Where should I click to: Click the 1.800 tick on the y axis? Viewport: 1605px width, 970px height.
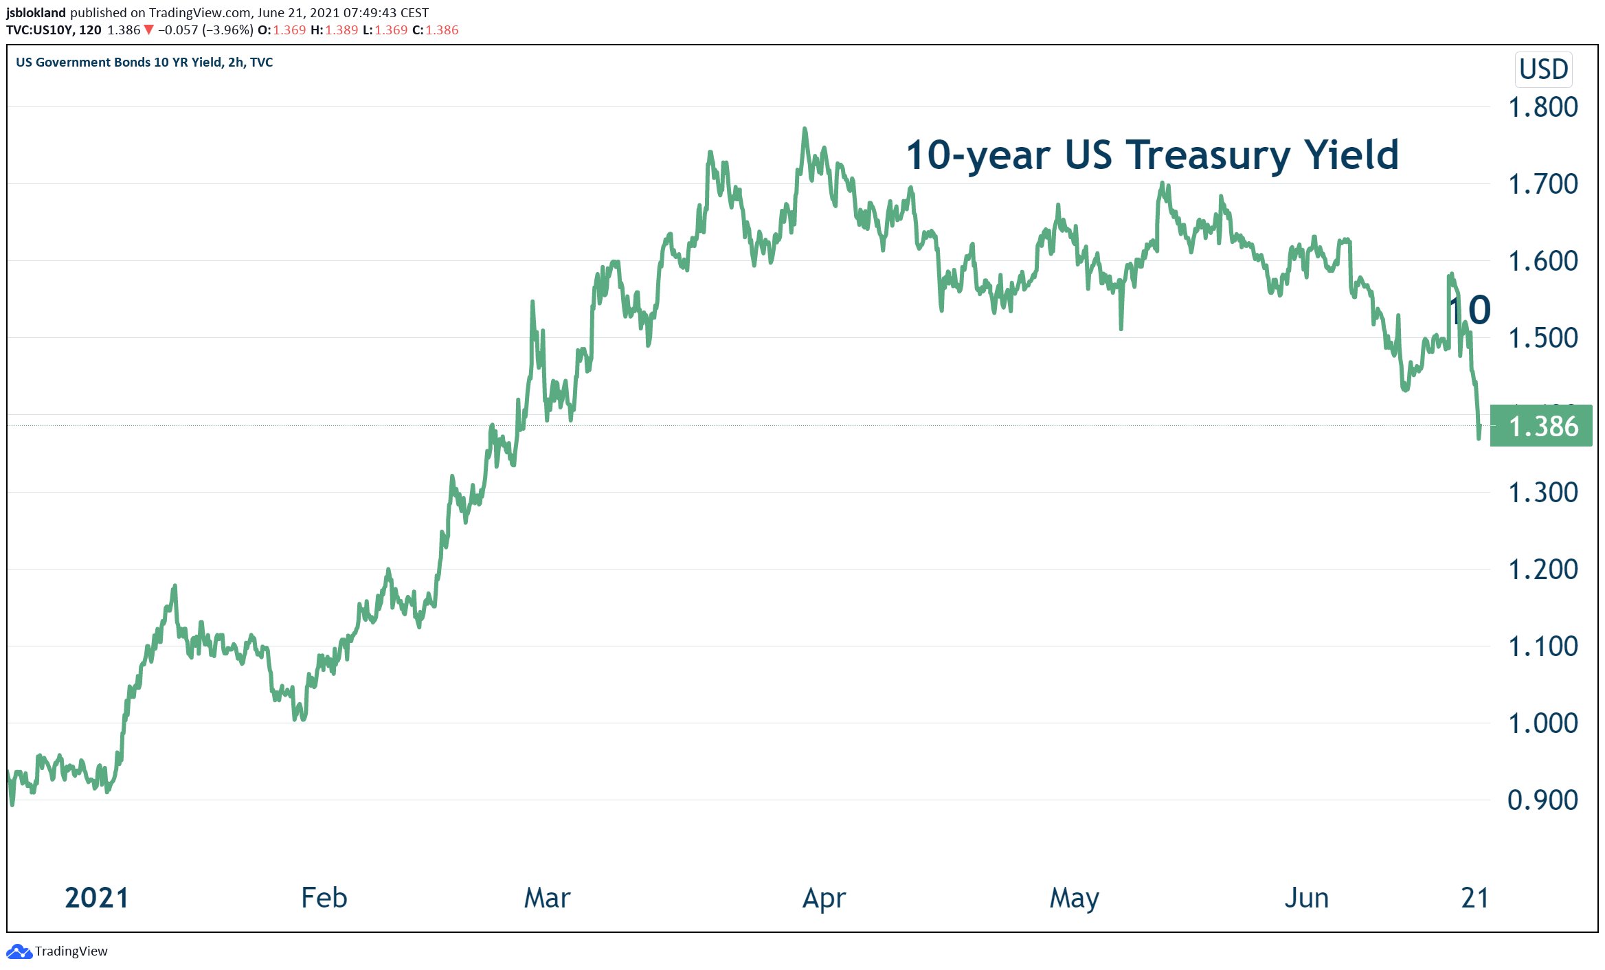tap(1542, 107)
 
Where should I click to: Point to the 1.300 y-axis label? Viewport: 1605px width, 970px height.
tap(1542, 493)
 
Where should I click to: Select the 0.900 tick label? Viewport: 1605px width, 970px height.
tap(1542, 800)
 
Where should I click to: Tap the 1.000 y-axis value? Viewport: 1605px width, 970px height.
tap(1542, 723)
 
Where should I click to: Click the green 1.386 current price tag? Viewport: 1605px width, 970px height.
tap(1541, 427)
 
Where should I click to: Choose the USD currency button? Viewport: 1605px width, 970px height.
tap(1543, 69)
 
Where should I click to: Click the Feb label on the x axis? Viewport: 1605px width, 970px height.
tap(324, 898)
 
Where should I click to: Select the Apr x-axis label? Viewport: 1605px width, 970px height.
tap(824, 898)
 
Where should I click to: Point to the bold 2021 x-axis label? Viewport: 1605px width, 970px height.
tap(97, 898)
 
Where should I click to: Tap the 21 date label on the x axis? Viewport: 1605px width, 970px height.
tap(1474, 898)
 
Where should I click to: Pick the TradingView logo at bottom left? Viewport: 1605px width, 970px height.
tap(19, 951)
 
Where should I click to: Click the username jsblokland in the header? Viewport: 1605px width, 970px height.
tap(36, 12)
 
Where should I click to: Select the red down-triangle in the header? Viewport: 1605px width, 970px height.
tap(148, 30)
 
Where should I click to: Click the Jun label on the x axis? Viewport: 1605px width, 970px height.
tap(1307, 898)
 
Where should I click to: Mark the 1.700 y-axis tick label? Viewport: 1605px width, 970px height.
tap(1542, 184)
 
